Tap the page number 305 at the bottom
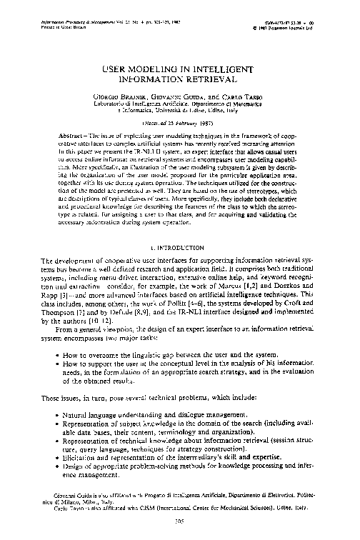point(179,522)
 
